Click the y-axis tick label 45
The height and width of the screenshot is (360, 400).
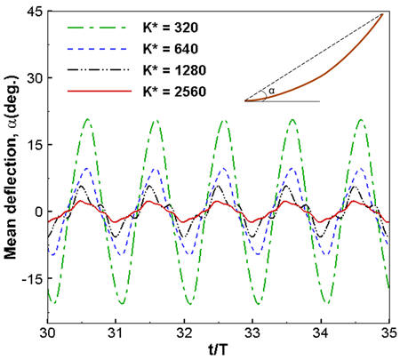35,12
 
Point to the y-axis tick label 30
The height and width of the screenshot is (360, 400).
35,78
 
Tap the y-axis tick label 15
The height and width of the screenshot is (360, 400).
35,145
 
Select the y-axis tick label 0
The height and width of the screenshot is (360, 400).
39,212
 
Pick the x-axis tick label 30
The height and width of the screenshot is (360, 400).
48,333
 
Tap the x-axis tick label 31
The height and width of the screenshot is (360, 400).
116,333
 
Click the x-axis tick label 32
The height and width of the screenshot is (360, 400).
184,333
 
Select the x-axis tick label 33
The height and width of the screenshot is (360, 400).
252,333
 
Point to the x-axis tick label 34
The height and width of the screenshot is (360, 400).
321,333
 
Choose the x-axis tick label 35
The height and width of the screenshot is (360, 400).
388,333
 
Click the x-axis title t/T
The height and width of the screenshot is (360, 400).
218,350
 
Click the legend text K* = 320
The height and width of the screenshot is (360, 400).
171,28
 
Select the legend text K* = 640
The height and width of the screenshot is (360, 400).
171,49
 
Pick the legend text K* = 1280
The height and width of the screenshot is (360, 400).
174,70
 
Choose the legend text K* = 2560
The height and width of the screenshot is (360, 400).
174,92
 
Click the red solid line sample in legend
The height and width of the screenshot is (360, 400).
100,91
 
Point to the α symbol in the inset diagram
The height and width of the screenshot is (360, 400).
271,91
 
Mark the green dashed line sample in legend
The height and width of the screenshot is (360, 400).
97,28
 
